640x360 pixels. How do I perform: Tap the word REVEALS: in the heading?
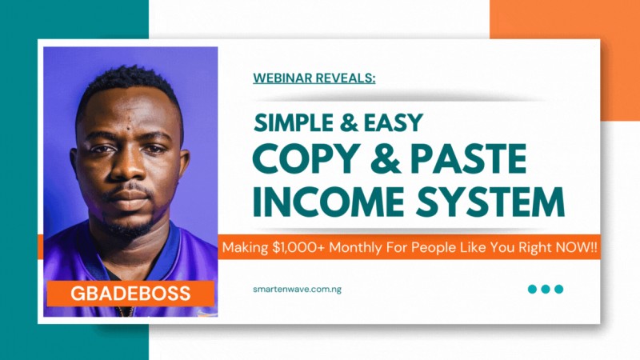point(346,78)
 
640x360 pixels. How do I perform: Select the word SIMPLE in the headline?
point(293,122)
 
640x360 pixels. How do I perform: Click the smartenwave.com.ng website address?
point(296,289)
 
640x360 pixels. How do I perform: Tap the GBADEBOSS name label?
point(130,293)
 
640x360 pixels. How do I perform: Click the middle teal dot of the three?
point(546,289)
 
